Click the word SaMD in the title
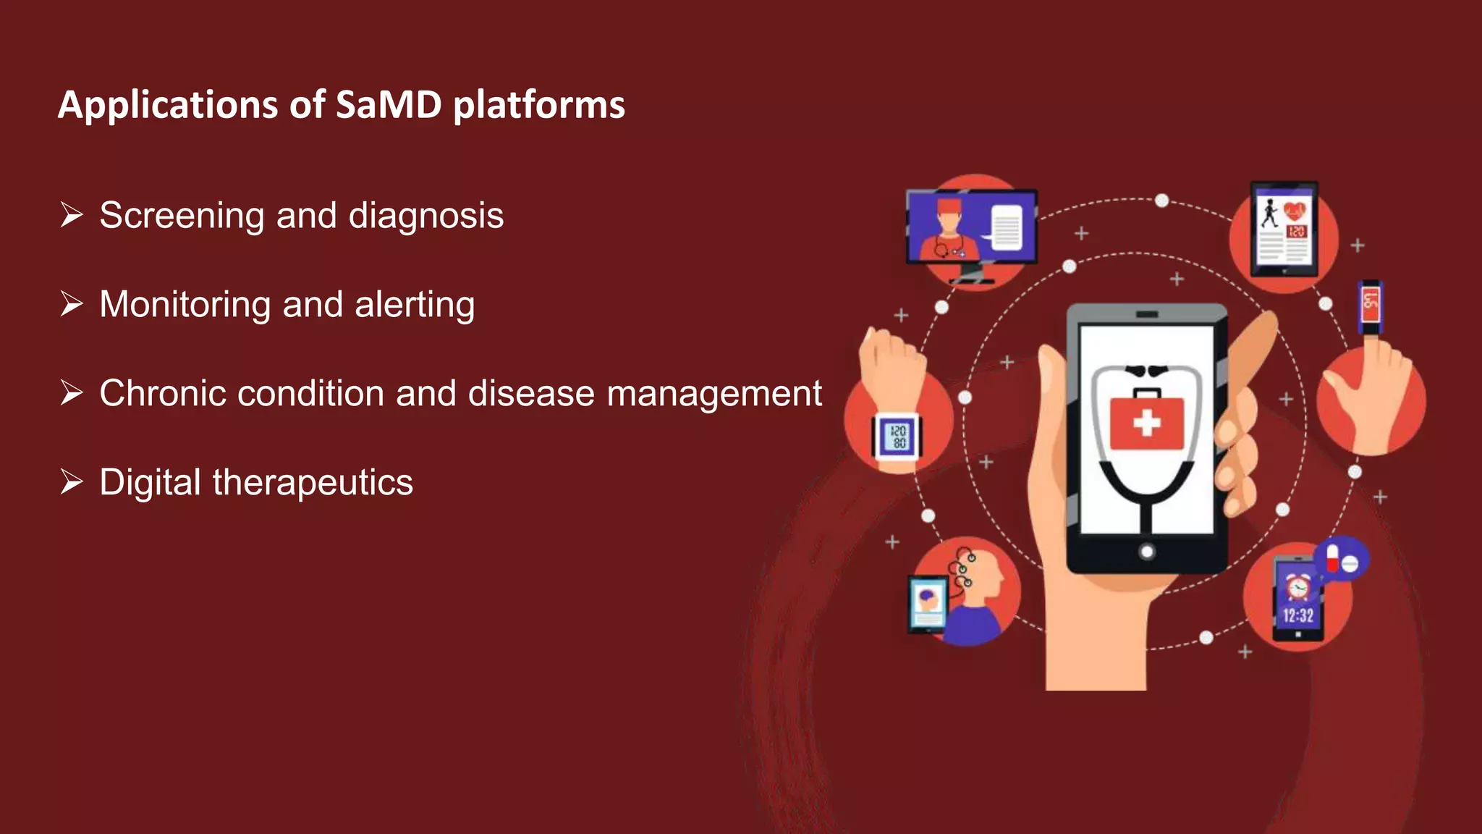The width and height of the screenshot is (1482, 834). (x=389, y=105)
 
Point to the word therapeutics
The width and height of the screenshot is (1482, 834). (x=312, y=483)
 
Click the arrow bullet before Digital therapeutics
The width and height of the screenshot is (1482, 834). (x=72, y=481)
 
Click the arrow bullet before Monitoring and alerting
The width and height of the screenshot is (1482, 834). (x=72, y=303)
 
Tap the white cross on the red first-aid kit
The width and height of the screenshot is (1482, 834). (x=1146, y=422)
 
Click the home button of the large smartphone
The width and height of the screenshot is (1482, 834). (x=1146, y=552)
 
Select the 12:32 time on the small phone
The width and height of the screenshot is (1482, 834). (x=1297, y=616)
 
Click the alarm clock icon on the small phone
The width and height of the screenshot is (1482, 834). (x=1297, y=586)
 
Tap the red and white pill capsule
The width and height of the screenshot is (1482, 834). (x=1332, y=558)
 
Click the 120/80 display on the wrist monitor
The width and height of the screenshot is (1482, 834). (x=898, y=437)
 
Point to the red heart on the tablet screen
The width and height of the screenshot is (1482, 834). (x=1295, y=211)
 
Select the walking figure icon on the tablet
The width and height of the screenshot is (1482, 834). (x=1269, y=213)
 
